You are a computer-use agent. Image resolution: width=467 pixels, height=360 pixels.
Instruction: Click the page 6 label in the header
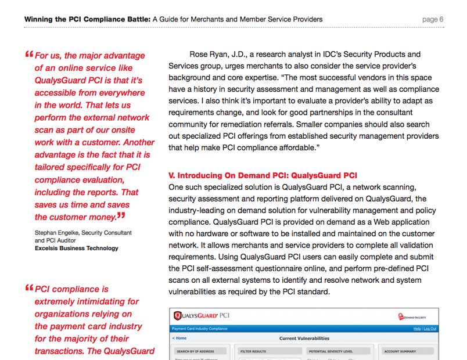[433, 19]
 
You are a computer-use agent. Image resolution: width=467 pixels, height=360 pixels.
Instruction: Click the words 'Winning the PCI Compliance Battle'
[87, 19]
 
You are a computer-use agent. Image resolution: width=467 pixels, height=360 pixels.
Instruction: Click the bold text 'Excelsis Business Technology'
[76, 248]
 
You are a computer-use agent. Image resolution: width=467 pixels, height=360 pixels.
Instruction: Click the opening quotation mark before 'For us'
[29, 55]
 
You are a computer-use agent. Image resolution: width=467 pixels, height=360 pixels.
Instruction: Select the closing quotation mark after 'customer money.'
[121, 217]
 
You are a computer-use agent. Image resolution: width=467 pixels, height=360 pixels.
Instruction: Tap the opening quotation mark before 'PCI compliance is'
[29, 288]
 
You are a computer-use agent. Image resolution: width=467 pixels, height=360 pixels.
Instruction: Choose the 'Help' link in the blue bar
[416, 329]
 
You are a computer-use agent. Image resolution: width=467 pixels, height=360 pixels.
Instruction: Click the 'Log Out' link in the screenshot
[430, 329]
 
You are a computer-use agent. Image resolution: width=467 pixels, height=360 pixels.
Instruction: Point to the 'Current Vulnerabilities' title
[304, 338]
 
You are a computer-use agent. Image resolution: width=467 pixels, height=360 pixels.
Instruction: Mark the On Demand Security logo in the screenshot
[415, 316]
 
